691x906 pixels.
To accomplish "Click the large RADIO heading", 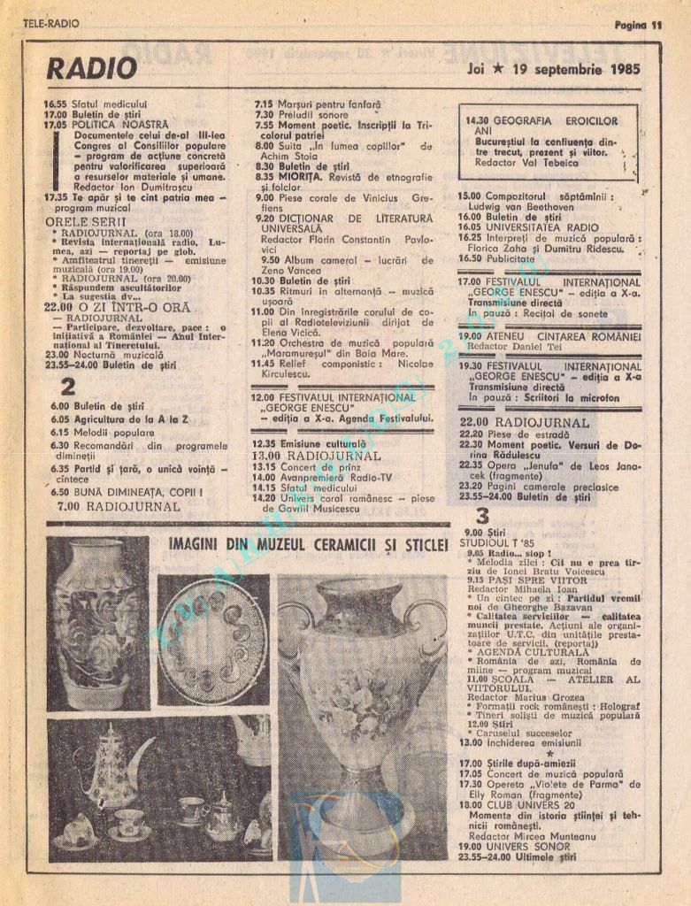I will coord(91,68).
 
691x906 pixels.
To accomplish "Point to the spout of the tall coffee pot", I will coord(146,750).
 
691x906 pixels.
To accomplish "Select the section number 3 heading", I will coord(482,517).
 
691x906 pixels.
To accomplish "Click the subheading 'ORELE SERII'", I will coord(85,220).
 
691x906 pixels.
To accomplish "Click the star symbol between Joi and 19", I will coord(511,70).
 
